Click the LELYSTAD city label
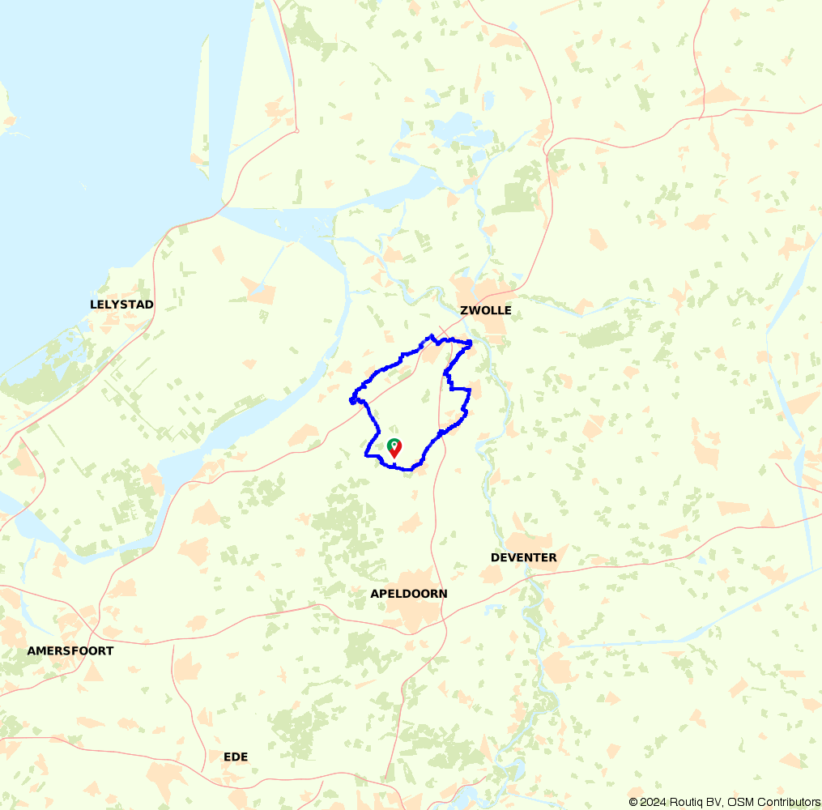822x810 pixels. [121, 305]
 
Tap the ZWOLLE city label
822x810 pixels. [486, 310]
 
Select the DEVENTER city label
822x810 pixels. [524, 557]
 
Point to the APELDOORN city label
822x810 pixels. [409, 594]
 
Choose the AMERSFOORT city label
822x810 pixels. [70, 650]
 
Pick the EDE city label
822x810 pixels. [236, 757]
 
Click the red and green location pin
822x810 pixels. [394, 448]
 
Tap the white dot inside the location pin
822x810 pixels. [394, 445]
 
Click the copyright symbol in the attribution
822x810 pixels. [633, 802]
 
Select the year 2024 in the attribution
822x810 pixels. [654, 802]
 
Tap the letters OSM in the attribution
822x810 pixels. [740, 802]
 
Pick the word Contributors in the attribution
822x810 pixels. [787, 802]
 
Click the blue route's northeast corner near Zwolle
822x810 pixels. [471, 343]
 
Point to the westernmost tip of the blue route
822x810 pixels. [351, 399]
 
